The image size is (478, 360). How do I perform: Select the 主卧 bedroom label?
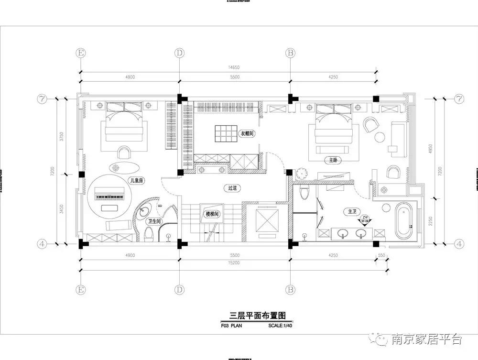click(x=333, y=160)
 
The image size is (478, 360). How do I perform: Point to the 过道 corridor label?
click(x=232, y=188)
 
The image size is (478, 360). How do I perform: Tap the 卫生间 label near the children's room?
click(x=154, y=221)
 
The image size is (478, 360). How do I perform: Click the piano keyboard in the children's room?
click(x=110, y=196)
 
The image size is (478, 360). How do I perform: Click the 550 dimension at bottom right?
click(x=381, y=255)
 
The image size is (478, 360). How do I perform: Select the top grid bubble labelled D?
click(x=179, y=52)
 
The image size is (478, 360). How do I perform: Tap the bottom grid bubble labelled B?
click(x=290, y=289)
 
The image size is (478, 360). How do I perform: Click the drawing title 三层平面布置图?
click(x=257, y=316)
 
